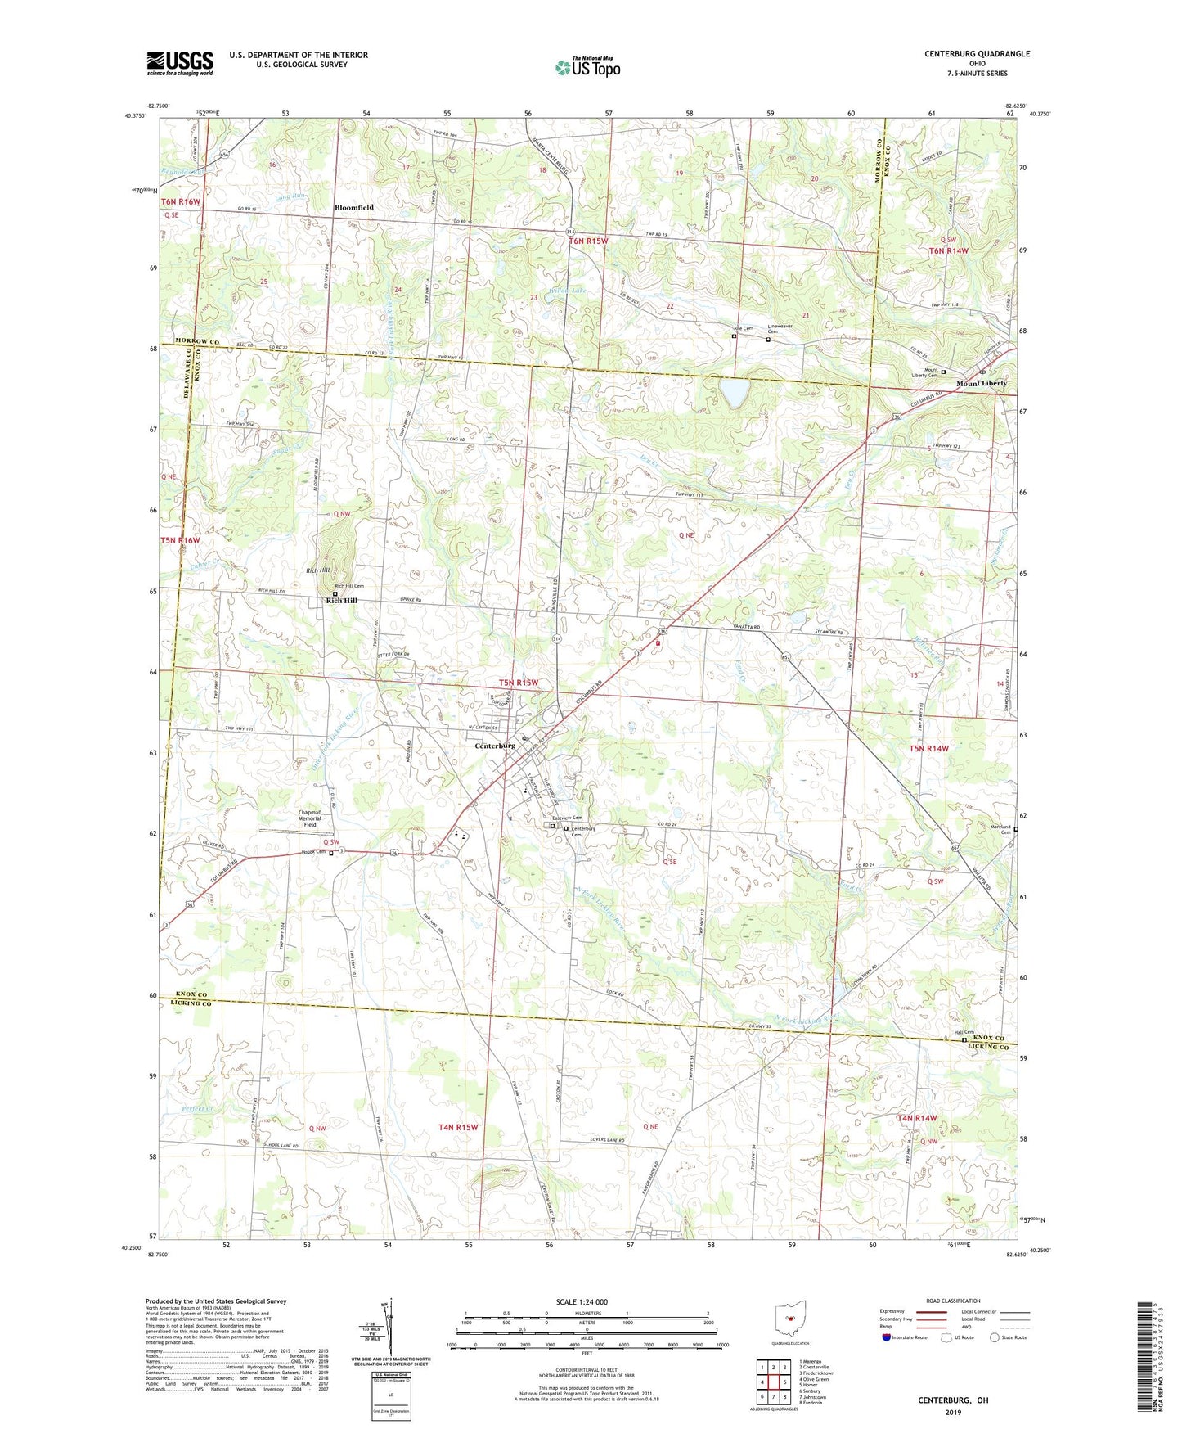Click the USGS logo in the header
[180, 62]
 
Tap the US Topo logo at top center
[587, 67]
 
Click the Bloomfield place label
[353, 208]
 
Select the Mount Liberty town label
[982, 383]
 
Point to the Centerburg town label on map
[495, 746]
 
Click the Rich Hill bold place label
[342, 601]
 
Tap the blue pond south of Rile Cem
[734, 392]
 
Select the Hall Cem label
[964, 1032]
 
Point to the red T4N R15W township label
[458, 1127]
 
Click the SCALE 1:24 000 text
[582, 1301]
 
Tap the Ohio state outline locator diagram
[789, 1317]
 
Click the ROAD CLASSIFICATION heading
[953, 1301]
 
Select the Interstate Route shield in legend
[887, 1337]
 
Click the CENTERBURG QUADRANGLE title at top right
[977, 54]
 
